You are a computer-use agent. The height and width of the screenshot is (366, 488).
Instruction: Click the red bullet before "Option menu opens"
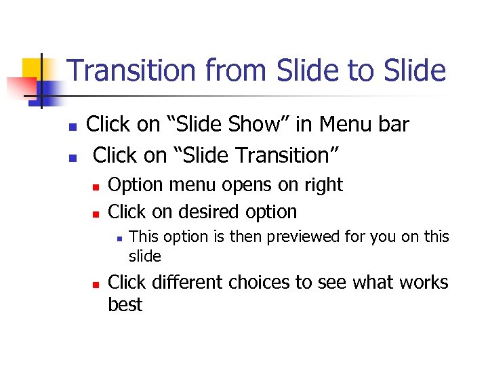[96, 186]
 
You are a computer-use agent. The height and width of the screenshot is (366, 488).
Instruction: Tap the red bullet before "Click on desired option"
[96, 213]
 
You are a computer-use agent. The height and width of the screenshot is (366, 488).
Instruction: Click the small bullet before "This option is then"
[118, 238]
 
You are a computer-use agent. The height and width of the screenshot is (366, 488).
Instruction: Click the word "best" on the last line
[125, 304]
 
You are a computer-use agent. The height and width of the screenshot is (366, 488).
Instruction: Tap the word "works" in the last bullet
[421, 282]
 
